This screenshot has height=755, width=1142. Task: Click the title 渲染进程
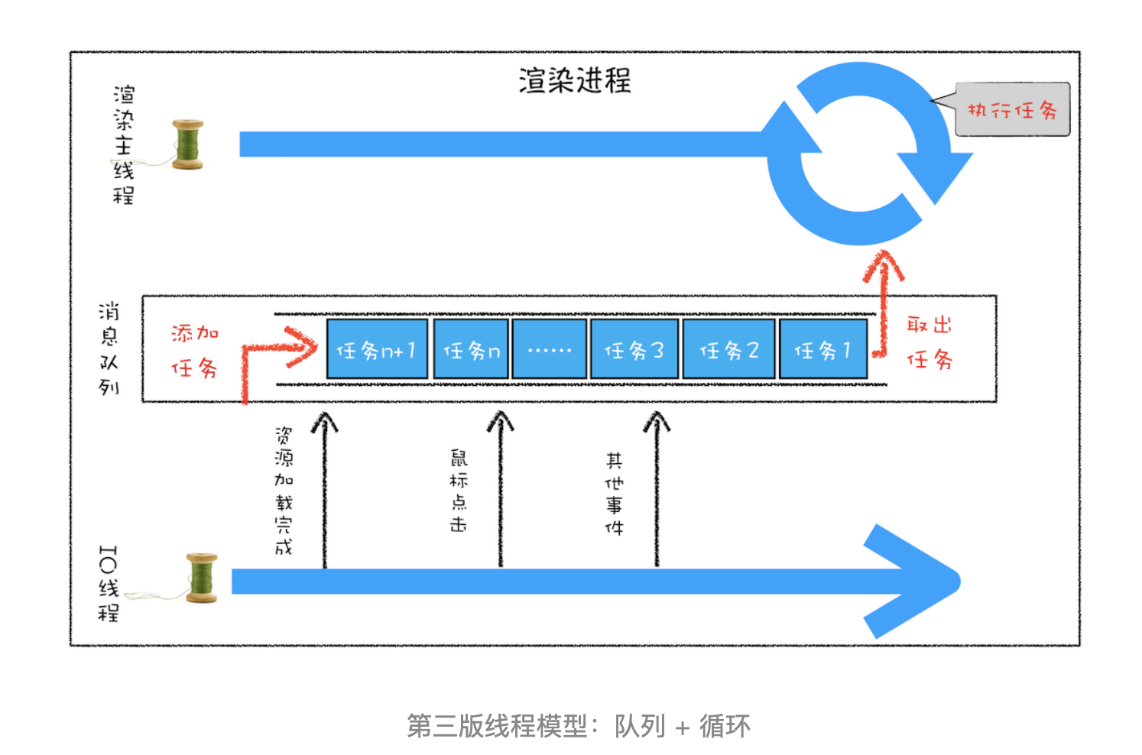click(575, 80)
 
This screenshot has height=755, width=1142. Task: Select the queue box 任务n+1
click(378, 349)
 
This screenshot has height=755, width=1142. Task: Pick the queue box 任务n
click(471, 349)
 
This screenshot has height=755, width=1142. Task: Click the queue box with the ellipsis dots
click(549, 349)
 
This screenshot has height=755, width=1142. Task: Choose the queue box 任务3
click(634, 349)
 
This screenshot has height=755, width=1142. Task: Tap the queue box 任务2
click(729, 349)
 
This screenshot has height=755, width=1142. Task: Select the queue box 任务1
click(823, 349)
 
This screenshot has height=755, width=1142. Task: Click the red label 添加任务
click(195, 351)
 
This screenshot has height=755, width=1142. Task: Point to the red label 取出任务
click(929, 342)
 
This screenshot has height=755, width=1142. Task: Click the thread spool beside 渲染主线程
click(187, 144)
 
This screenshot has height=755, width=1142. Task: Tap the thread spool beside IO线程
click(202, 578)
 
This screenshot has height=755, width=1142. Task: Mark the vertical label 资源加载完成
click(284, 491)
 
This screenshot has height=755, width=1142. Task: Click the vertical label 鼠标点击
click(459, 491)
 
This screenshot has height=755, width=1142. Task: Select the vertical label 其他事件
click(614, 494)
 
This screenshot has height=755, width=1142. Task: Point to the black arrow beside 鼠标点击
click(501, 488)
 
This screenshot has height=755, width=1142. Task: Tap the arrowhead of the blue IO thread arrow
click(912, 582)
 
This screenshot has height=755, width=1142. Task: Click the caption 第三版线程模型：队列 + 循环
click(579, 725)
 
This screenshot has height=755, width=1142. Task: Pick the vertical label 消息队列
click(109, 349)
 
